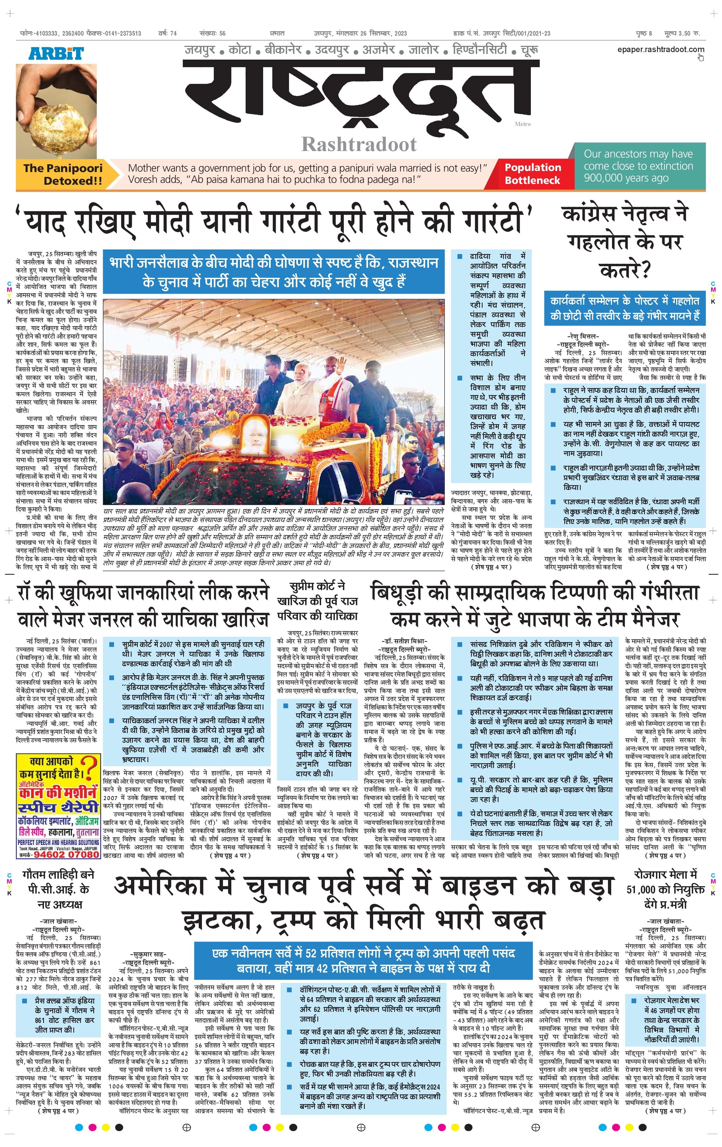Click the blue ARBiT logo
tap(56, 53)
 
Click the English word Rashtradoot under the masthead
tap(359, 144)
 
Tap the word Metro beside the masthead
tap(522, 124)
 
